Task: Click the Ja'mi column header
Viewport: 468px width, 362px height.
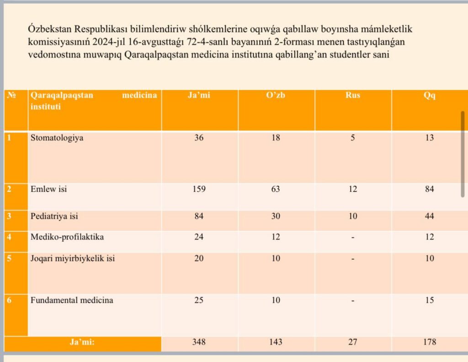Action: pyautogui.click(x=199, y=95)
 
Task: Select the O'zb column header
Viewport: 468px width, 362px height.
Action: pyautogui.click(x=276, y=95)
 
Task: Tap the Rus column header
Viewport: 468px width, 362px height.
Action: pyautogui.click(x=352, y=95)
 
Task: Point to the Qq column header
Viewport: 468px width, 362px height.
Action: pyautogui.click(x=429, y=96)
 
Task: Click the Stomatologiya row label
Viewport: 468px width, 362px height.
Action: pyautogui.click(x=57, y=138)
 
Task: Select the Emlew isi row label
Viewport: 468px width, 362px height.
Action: pyautogui.click(x=48, y=189)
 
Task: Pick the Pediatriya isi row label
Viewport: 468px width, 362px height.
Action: pyautogui.click(x=54, y=216)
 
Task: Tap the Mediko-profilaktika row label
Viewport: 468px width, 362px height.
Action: pyautogui.click(x=67, y=237)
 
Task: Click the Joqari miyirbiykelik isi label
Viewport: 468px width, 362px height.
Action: pyautogui.click(x=73, y=258)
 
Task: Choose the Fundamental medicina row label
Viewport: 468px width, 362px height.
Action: pyautogui.click(x=72, y=300)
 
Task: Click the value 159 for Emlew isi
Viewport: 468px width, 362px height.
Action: pyautogui.click(x=199, y=189)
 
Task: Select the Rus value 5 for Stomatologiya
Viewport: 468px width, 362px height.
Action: pyautogui.click(x=352, y=138)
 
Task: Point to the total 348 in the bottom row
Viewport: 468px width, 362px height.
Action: pyautogui.click(x=199, y=342)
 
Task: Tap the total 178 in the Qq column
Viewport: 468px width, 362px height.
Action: pyautogui.click(x=430, y=342)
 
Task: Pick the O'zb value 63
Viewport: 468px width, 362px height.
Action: pyautogui.click(x=276, y=189)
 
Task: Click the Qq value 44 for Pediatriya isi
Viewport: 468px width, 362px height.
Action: pyautogui.click(x=429, y=216)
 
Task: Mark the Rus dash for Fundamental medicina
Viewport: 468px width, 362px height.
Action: pyautogui.click(x=352, y=300)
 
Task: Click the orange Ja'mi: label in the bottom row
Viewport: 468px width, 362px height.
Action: pyautogui.click(x=82, y=342)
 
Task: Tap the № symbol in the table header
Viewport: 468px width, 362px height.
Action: pyautogui.click(x=11, y=95)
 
